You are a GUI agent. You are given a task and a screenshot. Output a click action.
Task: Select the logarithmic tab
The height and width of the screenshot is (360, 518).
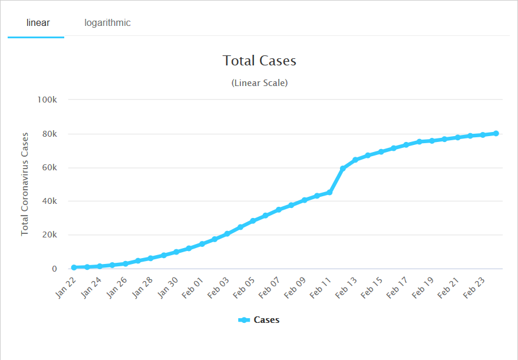point(107,23)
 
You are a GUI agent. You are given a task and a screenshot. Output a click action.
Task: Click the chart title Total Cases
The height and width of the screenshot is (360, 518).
point(259,61)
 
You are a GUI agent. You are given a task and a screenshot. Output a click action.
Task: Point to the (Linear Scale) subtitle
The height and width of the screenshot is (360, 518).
point(259,83)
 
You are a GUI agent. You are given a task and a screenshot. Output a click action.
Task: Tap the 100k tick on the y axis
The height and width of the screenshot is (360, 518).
point(47,100)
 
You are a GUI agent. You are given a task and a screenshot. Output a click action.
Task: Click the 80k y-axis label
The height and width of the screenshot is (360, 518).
point(48,134)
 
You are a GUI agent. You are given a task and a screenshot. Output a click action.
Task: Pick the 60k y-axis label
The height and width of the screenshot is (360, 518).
point(48,167)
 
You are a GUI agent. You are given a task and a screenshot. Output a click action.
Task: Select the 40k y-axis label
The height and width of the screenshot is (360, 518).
point(48,201)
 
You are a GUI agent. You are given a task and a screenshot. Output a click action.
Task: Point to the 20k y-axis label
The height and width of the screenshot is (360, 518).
point(48,235)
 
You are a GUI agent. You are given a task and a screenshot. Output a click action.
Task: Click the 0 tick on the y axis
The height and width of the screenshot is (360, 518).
point(54,269)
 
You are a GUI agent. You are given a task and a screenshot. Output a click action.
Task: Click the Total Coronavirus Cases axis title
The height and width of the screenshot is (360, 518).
point(25,184)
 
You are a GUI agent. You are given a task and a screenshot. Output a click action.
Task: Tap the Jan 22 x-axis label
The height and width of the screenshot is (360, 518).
point(67,288)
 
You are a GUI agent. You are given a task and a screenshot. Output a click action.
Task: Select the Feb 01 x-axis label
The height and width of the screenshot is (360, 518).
point(193,288)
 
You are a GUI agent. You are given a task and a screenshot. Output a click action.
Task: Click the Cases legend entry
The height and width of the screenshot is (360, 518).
point(259,320)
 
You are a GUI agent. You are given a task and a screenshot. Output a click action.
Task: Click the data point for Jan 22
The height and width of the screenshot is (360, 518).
point(74,267)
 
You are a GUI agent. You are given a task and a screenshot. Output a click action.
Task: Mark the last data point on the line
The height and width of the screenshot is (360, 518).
point(496,133)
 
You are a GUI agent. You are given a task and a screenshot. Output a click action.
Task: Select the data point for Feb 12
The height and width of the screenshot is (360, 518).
point(342,169)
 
